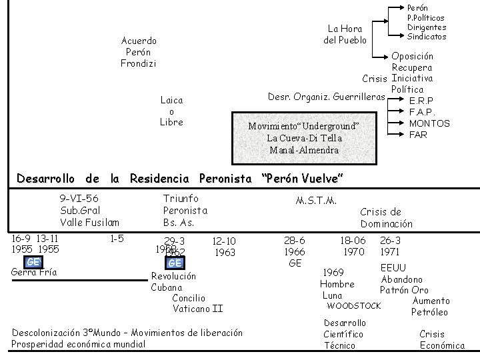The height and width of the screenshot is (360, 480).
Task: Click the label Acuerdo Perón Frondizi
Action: coord(138,52)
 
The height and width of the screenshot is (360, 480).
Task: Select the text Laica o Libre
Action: coord(171,111)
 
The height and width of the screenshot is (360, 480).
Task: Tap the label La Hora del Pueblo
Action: coord(345,34)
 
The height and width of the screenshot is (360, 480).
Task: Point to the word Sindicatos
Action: coord(427,36)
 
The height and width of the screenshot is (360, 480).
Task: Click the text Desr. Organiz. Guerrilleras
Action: coord(326,97)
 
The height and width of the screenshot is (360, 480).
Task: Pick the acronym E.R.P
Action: coord(422,101)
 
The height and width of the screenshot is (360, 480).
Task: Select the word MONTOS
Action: coord(429,123)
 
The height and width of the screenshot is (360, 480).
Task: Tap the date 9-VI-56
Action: coord(79,198)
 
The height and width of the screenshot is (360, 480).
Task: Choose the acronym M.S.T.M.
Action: coord(316,201)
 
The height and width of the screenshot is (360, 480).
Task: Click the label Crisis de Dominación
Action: coord(387,218)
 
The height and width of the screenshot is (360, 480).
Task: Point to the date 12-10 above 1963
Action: coord(222,241)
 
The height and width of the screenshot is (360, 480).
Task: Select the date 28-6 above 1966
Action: coord(295,240)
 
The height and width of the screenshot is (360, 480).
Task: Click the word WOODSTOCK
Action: coord(353,306)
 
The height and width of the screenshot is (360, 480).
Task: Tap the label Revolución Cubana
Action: coord(173,281)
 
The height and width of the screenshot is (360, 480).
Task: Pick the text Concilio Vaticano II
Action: coord(197,303)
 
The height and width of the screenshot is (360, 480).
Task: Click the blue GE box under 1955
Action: coord(33,262)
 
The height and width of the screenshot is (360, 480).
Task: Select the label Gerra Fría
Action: coord(35,272)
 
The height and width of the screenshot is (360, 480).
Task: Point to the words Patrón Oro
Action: coord(405,290)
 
